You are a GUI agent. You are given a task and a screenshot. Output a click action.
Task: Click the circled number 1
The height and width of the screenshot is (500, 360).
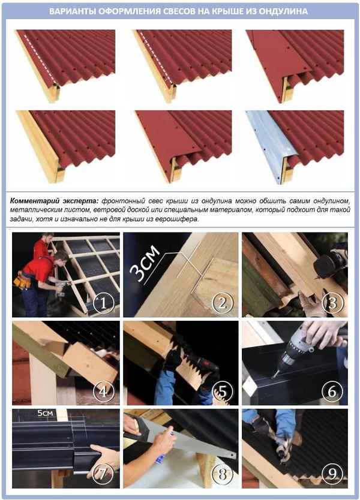click(x=103, y=303)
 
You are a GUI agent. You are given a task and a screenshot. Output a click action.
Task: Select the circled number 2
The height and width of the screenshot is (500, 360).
click(x=222, y=303)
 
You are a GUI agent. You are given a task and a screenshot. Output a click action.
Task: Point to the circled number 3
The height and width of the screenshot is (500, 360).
click(x=332, y=303)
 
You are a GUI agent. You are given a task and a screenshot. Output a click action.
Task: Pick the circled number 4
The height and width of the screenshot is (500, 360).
click(x=103, y=391)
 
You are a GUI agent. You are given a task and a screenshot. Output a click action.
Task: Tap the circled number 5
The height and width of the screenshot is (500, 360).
click(x=222, y=391)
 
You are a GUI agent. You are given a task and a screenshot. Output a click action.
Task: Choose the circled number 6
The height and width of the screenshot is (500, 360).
click(x=332, y=391)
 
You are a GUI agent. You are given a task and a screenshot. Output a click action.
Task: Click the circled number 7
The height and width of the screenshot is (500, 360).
click(x=103, y=474)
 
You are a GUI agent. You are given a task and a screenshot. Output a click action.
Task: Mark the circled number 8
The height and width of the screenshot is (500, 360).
click(x=222, y=474)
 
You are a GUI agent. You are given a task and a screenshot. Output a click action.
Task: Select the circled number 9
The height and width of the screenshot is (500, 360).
click(x=332, y=474)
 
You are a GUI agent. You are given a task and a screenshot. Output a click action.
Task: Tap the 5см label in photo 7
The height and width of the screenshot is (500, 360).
click(x=45, y=413)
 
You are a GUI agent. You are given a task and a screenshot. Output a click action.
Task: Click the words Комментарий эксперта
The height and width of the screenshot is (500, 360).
click(x=54, y=201)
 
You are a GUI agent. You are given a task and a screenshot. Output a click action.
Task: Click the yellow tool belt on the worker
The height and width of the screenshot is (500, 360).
click(x=22, y=281)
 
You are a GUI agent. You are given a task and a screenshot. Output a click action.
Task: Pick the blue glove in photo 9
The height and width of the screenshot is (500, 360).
click(x=286, y=423)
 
